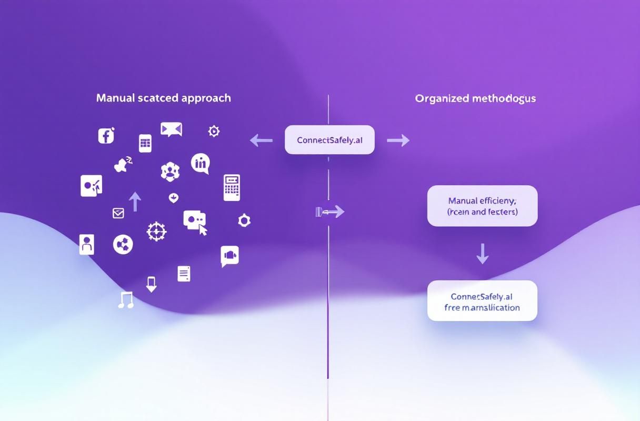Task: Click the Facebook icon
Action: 106,136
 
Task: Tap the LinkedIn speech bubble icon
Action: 201,163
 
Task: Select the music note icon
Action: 126,300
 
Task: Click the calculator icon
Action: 232,187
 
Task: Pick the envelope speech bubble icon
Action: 171,129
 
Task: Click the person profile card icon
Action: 87,244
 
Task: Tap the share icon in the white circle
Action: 123,244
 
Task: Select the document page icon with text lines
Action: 184,273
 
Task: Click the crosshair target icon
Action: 156,231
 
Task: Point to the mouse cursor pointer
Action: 203,229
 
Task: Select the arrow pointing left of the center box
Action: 261,140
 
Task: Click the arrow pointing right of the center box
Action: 398,140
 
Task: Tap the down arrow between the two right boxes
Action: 482,253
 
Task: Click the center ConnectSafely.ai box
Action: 329,140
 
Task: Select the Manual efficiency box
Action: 482,206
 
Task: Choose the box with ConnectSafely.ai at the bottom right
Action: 482,301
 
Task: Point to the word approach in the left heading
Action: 206,98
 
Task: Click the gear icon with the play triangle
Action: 214,131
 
